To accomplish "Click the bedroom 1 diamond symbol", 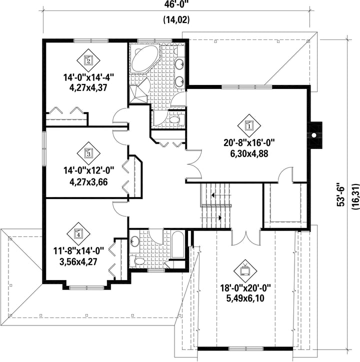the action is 249,125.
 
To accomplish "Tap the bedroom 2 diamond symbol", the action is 88,60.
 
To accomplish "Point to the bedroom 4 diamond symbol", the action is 78,234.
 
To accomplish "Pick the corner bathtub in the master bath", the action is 145,58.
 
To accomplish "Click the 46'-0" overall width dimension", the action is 177,4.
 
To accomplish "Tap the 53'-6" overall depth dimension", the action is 340,194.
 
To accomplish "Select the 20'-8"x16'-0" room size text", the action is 249,143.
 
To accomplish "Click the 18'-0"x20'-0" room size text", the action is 245,288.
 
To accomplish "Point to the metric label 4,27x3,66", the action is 88,182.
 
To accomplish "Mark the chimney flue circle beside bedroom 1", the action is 314,135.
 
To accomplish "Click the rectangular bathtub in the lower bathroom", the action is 178,245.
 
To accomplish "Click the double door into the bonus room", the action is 246,237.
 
